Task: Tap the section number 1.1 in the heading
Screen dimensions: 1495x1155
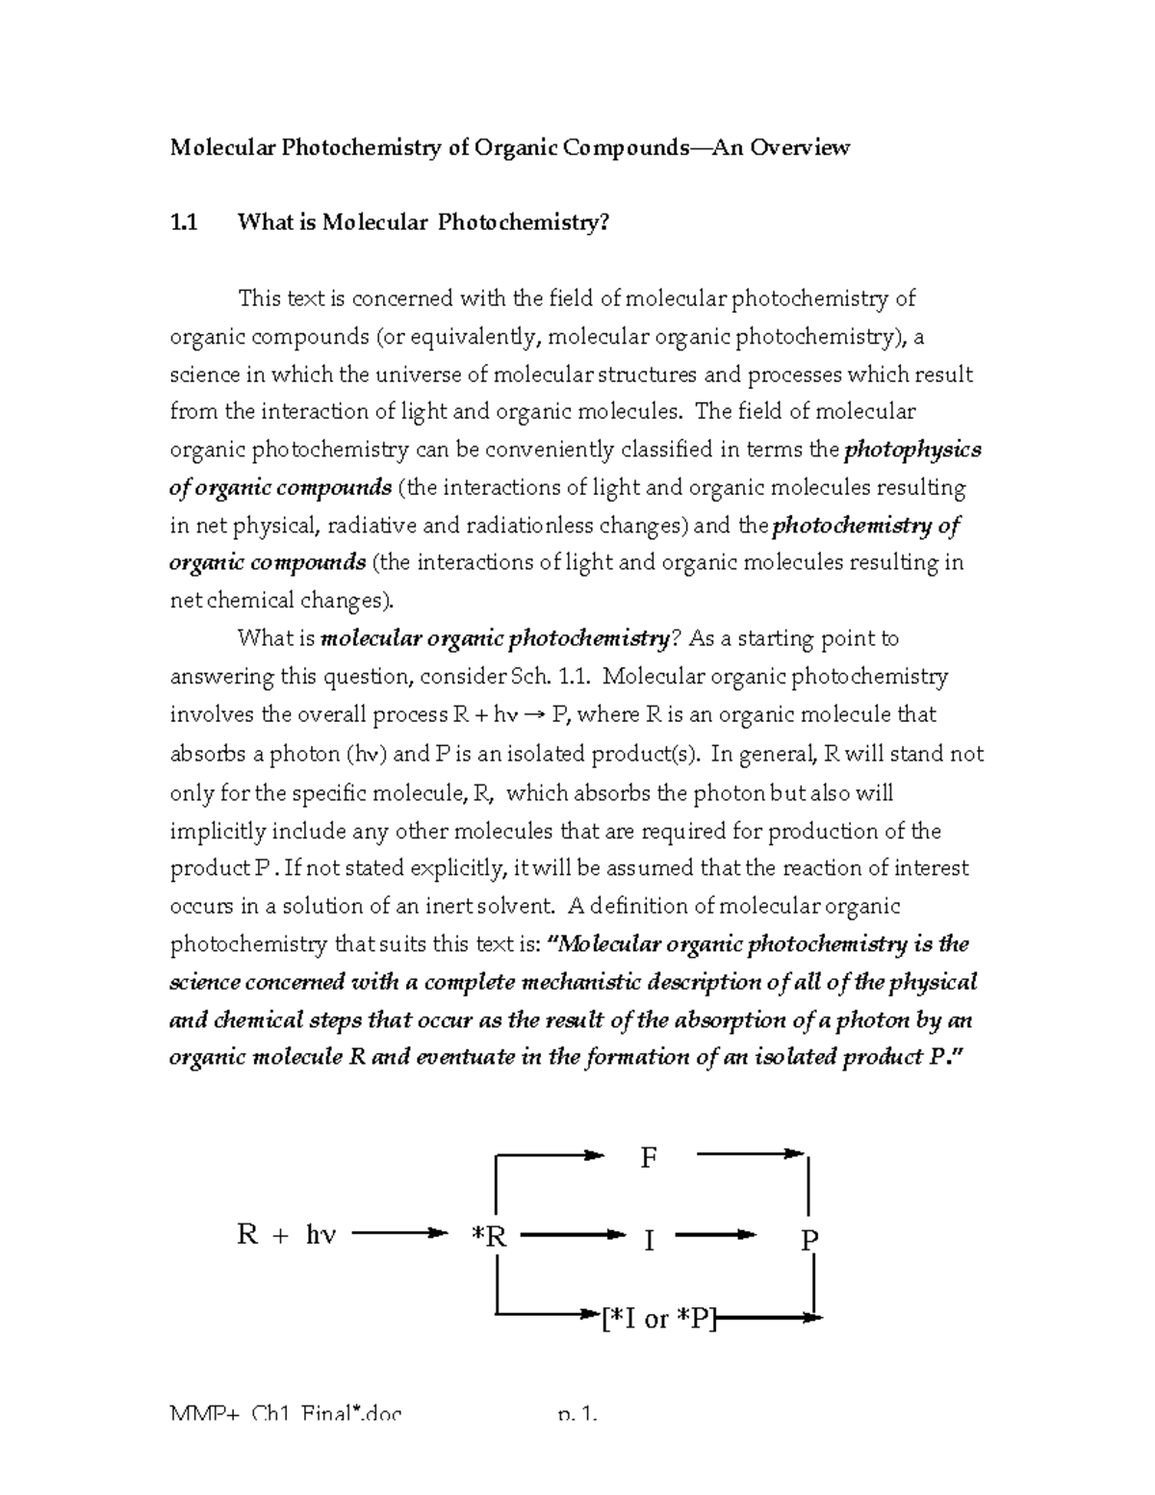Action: tap(184, 222)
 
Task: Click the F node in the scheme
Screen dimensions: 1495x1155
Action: tap(649, 1158)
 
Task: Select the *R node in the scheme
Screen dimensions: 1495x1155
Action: tap(489, 1236)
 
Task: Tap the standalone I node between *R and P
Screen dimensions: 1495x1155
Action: tap(649, 1241)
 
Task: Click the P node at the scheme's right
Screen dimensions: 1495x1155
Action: tap(809, 1241)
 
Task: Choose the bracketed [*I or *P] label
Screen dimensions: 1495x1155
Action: tap(658, 1319)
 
